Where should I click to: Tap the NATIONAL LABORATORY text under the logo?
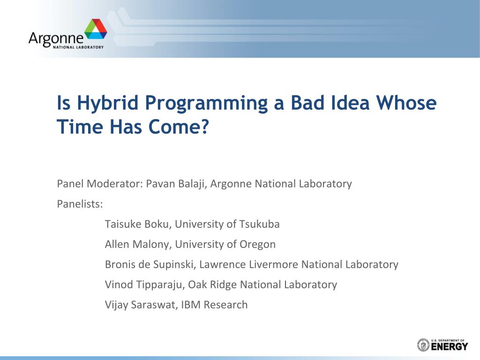[x=78, y=47]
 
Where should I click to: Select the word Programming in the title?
[x=206, y=104]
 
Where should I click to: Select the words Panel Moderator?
[x=100, y=184]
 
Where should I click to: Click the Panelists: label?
[x=80, y=204]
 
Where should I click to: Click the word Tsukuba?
[x=259, y=224]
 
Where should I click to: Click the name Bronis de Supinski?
[x=150, y=264]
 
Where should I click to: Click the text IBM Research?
[x=214, y=305]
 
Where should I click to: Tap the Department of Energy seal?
[x=423, y=345]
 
